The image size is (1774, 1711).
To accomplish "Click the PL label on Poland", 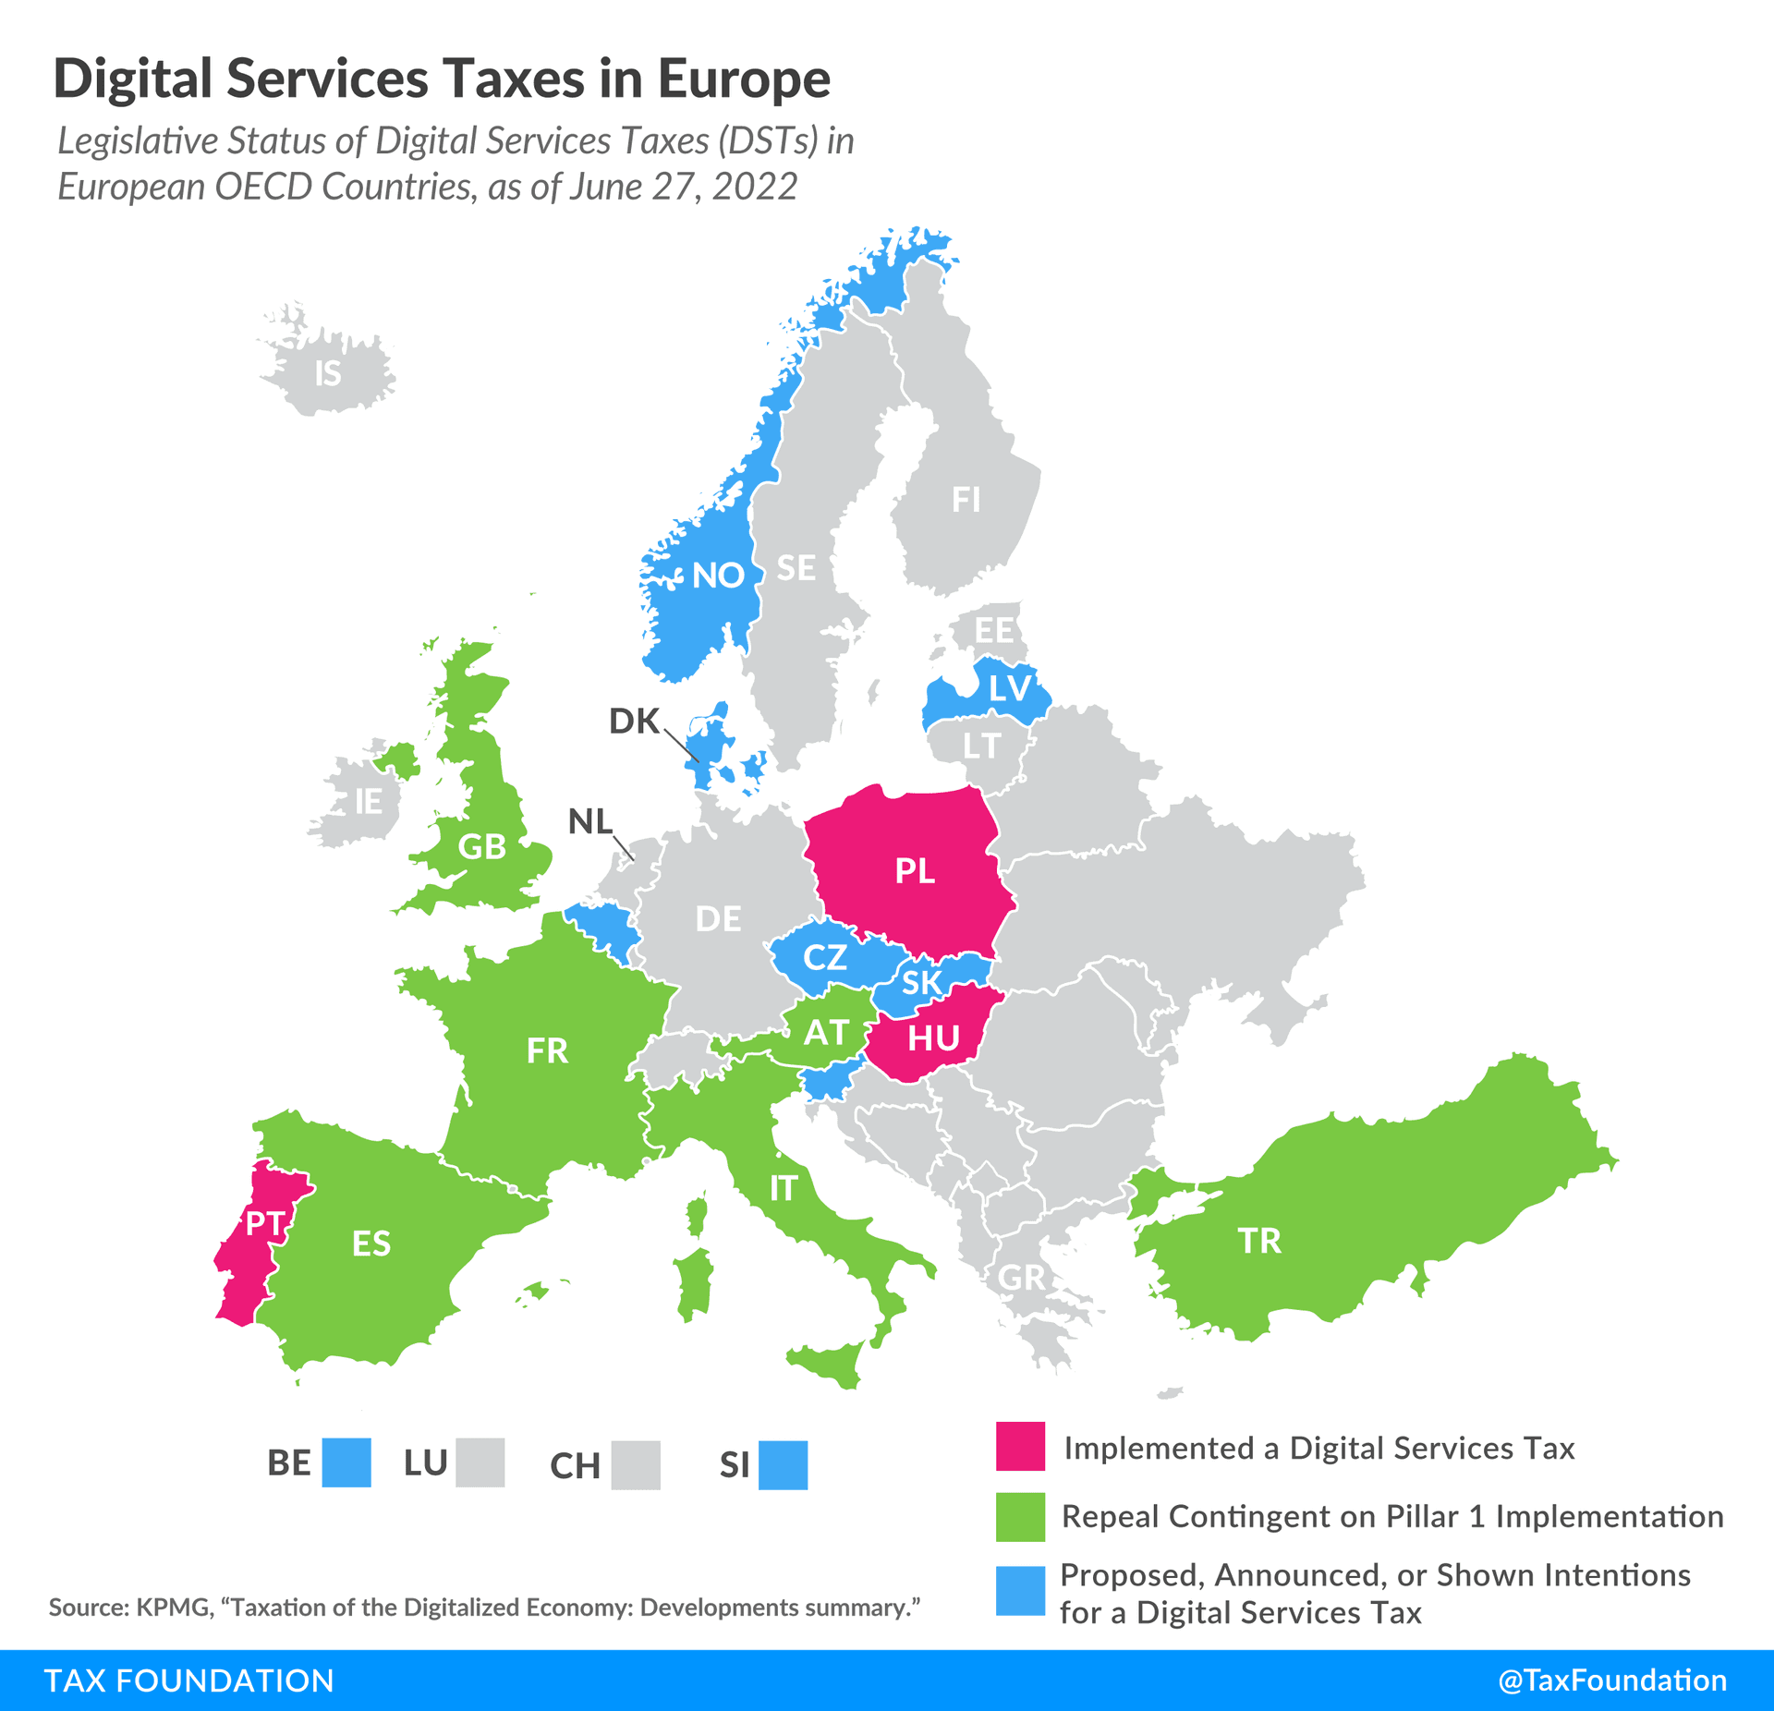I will (915, 871).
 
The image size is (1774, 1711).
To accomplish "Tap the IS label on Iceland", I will (328, 374).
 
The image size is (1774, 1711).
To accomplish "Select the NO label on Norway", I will (718, 576).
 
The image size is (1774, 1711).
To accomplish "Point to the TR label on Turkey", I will (1259, 1241).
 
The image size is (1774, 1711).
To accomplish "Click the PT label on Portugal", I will (265, 1224).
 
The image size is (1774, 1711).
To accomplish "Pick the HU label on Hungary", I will (933, 1039).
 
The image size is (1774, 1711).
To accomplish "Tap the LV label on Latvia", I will (1009, 689).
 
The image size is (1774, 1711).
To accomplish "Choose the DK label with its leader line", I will (634, 722).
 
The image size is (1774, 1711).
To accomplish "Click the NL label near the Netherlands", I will (590, 821).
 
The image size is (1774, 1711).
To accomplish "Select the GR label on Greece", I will (1021, 1279).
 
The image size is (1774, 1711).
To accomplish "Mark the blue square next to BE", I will (346, 1462).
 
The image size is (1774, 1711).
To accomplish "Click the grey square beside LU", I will (480, 1462).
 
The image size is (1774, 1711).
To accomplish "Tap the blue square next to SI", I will (783, 1465).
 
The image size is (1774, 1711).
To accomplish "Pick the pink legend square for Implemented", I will (1020, 1447).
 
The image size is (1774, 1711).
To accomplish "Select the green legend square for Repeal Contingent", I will (1020, 1517).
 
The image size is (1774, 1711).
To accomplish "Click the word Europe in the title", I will (744, 79).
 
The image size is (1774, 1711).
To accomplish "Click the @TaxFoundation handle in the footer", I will (1611, 1680).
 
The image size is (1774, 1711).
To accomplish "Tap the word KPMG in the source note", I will (173, 1608).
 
